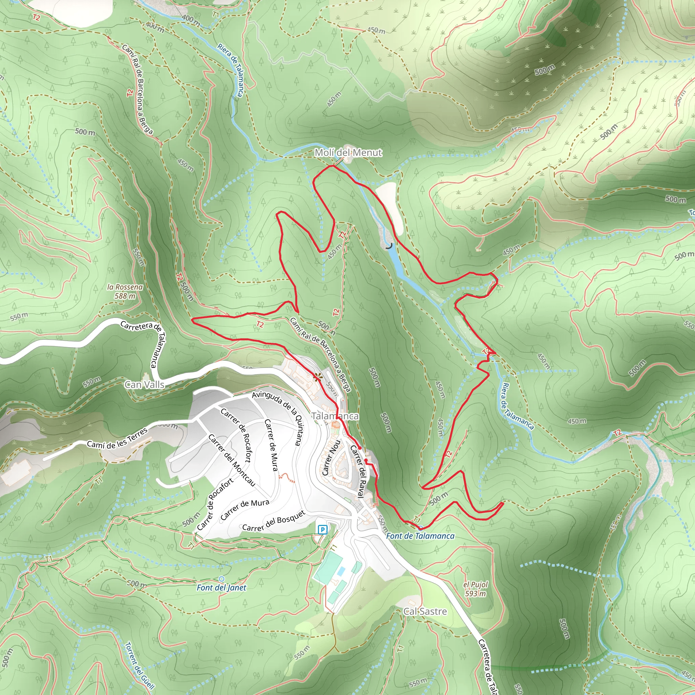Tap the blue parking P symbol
pyautogui.click(x=322, y=529)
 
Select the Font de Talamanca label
pyautogui.click(x=420, y=536)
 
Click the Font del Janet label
pyautogui.click(x=221, y=587)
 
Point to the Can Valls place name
pyautogui.click(x=144, y=384)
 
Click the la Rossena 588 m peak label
pyautogui.click(x=125, y=292)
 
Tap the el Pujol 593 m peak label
pyautogui.click(x=475, y=589)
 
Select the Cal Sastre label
pyautogui.click(x=425, y=611)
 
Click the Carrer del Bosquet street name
pyautogui.click(x=274, y=521)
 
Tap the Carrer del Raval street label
pyautogui.click(x=358, y=471)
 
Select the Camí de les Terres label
pyautogui.click(x=117, y=438)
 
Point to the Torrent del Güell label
pyautogui.click(x=139, y=665)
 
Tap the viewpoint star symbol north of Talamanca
pyautogui.click(x=317, y=377)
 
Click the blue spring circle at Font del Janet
pyautogui.click(x=221, y=579)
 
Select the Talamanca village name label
pyautogui.click(x=335, y=416)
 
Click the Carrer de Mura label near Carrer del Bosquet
pyautogui.click(x=245, y=509)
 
